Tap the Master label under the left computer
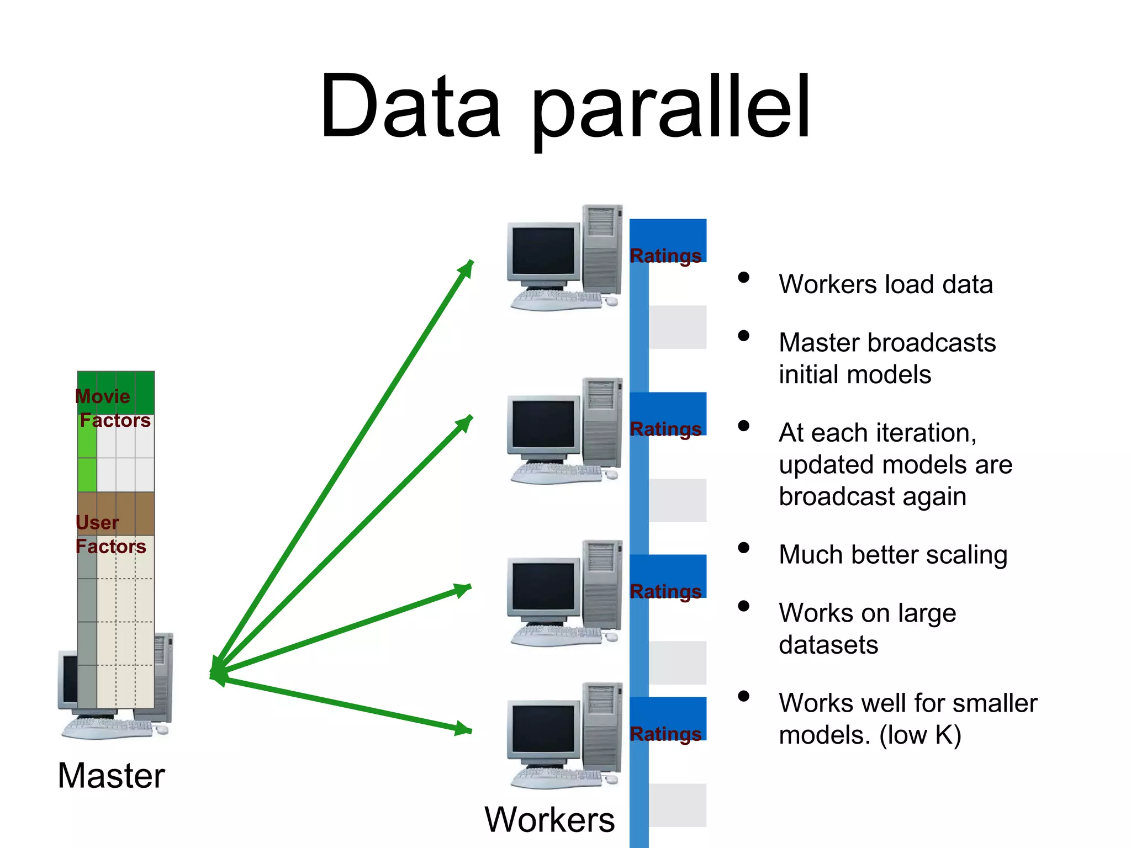(111, 776)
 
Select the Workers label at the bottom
(549, 820)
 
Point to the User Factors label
(110, 534)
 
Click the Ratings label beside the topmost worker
(665, 256)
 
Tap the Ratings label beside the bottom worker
(665, 734)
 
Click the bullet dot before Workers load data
(744, 278)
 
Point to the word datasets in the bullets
(828, 645)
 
